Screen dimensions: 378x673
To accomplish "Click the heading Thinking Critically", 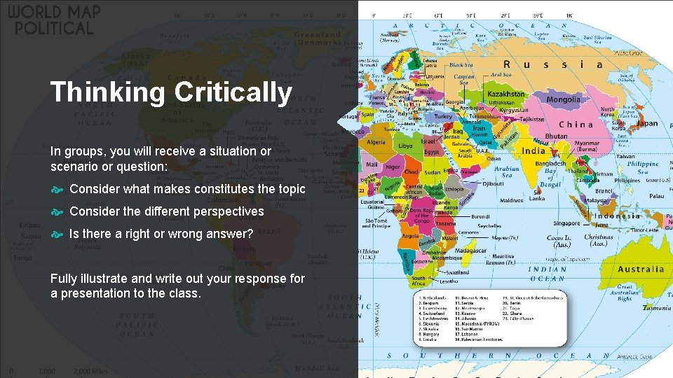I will (171, 92).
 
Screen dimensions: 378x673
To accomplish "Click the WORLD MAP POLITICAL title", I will (54, 20).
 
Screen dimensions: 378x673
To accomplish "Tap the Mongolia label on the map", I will (563, 99).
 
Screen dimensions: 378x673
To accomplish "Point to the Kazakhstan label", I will (505, 94).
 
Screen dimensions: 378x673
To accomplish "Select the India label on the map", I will (533, 150).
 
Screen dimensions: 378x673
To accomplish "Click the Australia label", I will (641, 269).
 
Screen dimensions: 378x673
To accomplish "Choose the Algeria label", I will (376, 141).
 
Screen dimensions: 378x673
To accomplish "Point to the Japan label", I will (647, 123).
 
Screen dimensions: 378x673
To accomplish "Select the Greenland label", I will (317, 34).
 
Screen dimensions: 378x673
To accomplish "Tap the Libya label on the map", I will (405, 146).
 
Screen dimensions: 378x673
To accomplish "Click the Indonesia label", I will (617, 216).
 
